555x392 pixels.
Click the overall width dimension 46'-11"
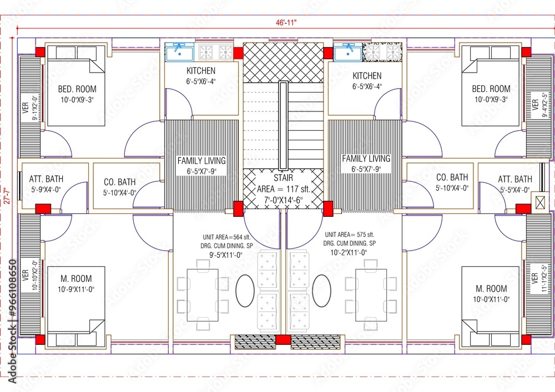pyautogui.click(x=286, y=23)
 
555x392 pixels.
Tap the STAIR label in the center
pyautogui.click(x=283, y=178)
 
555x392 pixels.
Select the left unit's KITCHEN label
pyautogui.click(x=201, y=71)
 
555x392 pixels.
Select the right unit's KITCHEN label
pyautogui.click(x=367, y=75)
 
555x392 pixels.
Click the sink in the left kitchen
pyautogui.click(x=180, y=53)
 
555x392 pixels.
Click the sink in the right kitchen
pyautogui.click(x=348, y=53)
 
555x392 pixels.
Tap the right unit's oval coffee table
pyautogui.click(x=321, y=290)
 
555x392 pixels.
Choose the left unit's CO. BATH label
pyautogui.click(x=120, y=182)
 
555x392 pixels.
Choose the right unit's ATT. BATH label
pyautogui.click(x=514, y=179)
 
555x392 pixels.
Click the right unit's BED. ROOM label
pyautogui.click(x=491, y=89)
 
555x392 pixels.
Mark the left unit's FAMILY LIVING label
pyautogui.click(x=201, y=160)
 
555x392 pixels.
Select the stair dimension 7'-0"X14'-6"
pyautogui.click(x=283, y=198)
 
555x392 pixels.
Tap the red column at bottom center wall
pyautogui.click(x=283, y=340)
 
